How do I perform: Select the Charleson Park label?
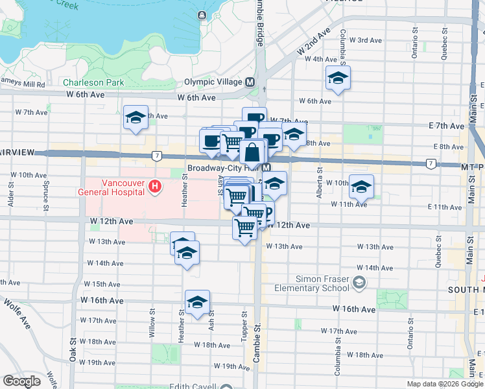93,83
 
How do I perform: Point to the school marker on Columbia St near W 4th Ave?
337,79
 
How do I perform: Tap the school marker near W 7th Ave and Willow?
136,118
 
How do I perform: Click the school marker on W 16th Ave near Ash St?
196,302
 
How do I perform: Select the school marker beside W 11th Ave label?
361,187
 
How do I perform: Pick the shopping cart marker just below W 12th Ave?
245,228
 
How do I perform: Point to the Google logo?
21,381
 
